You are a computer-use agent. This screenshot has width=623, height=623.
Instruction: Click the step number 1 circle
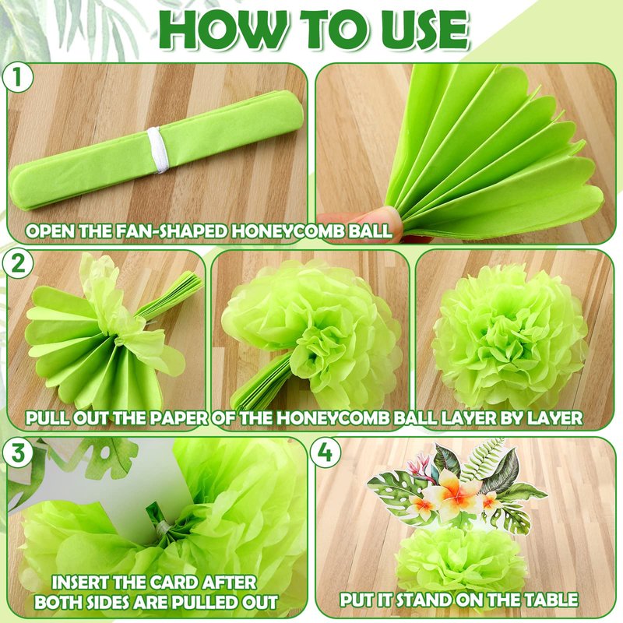coord(17,78)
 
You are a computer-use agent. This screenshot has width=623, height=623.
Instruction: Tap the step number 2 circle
coord(17,264)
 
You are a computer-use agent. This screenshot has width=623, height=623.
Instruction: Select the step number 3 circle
coord(17,452)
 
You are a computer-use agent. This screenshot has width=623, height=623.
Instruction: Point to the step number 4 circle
coord(326,452)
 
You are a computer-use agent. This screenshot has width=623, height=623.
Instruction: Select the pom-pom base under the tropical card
coord(461,555)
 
